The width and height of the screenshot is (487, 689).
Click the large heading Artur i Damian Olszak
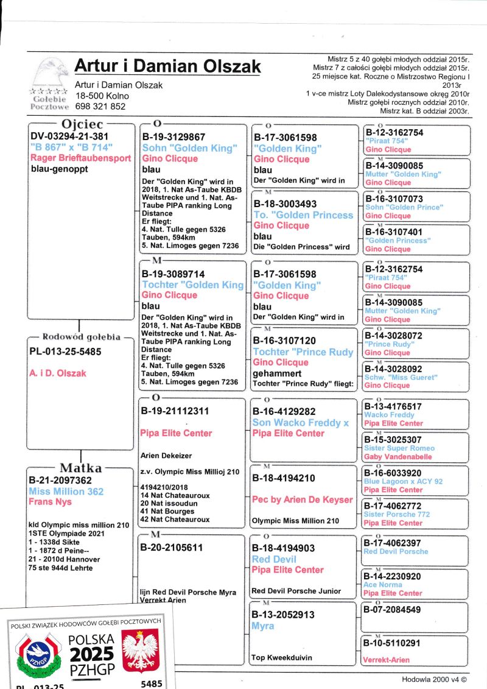click(167, 66)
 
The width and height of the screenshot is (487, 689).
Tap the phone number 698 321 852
click(100, 106)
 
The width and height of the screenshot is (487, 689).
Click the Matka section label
click(80, 468)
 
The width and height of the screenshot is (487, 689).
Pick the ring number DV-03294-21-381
click(69, 137)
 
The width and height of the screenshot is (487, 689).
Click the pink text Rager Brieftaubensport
click(80, 158)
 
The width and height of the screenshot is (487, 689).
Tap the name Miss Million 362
click(66, 491)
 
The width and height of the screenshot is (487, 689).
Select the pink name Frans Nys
click(50, 502)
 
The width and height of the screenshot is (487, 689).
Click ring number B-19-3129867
click(173, 137)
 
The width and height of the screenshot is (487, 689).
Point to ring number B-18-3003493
click(285, 204)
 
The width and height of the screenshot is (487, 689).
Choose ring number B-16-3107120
click(285, 341)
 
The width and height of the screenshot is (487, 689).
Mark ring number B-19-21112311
click(175, 411)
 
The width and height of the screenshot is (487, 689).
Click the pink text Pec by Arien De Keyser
click(303, 500)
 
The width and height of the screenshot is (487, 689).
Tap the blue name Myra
click(263, 626)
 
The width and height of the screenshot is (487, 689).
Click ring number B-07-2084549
click(393, 609)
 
